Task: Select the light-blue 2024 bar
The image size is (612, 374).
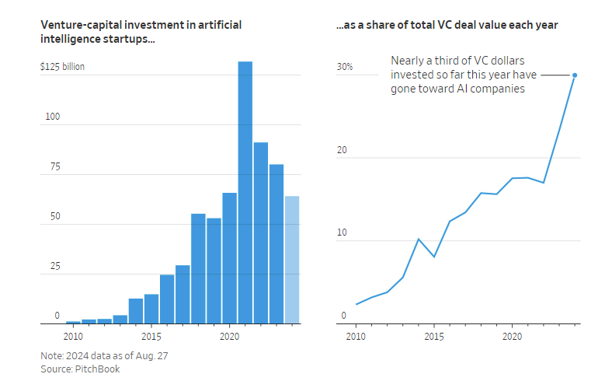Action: (291, 260)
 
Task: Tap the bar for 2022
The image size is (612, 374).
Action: (260, 232)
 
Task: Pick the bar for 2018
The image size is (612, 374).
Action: (198, 268)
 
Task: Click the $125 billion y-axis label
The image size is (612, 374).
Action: (63, 67)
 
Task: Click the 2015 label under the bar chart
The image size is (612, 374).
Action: (151, 337)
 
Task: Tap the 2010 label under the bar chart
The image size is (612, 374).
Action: (73, 337)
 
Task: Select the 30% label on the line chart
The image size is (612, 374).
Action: (345, 67)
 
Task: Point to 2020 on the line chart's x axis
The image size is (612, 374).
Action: (513, 337)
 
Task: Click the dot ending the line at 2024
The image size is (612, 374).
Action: (575, 75)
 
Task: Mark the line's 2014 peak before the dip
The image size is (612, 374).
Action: (419, 239)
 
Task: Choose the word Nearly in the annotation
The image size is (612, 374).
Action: (409, 60)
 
